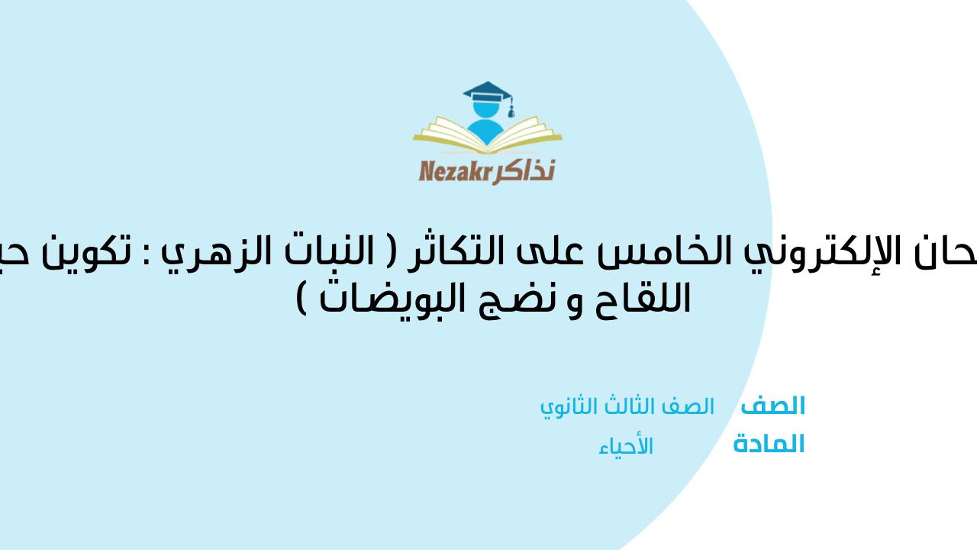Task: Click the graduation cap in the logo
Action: [488, 94]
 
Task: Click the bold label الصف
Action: [772, 406]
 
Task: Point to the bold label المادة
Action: [769, 445]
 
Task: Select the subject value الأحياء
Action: [626, 446]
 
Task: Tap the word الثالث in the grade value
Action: [626, 407]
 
